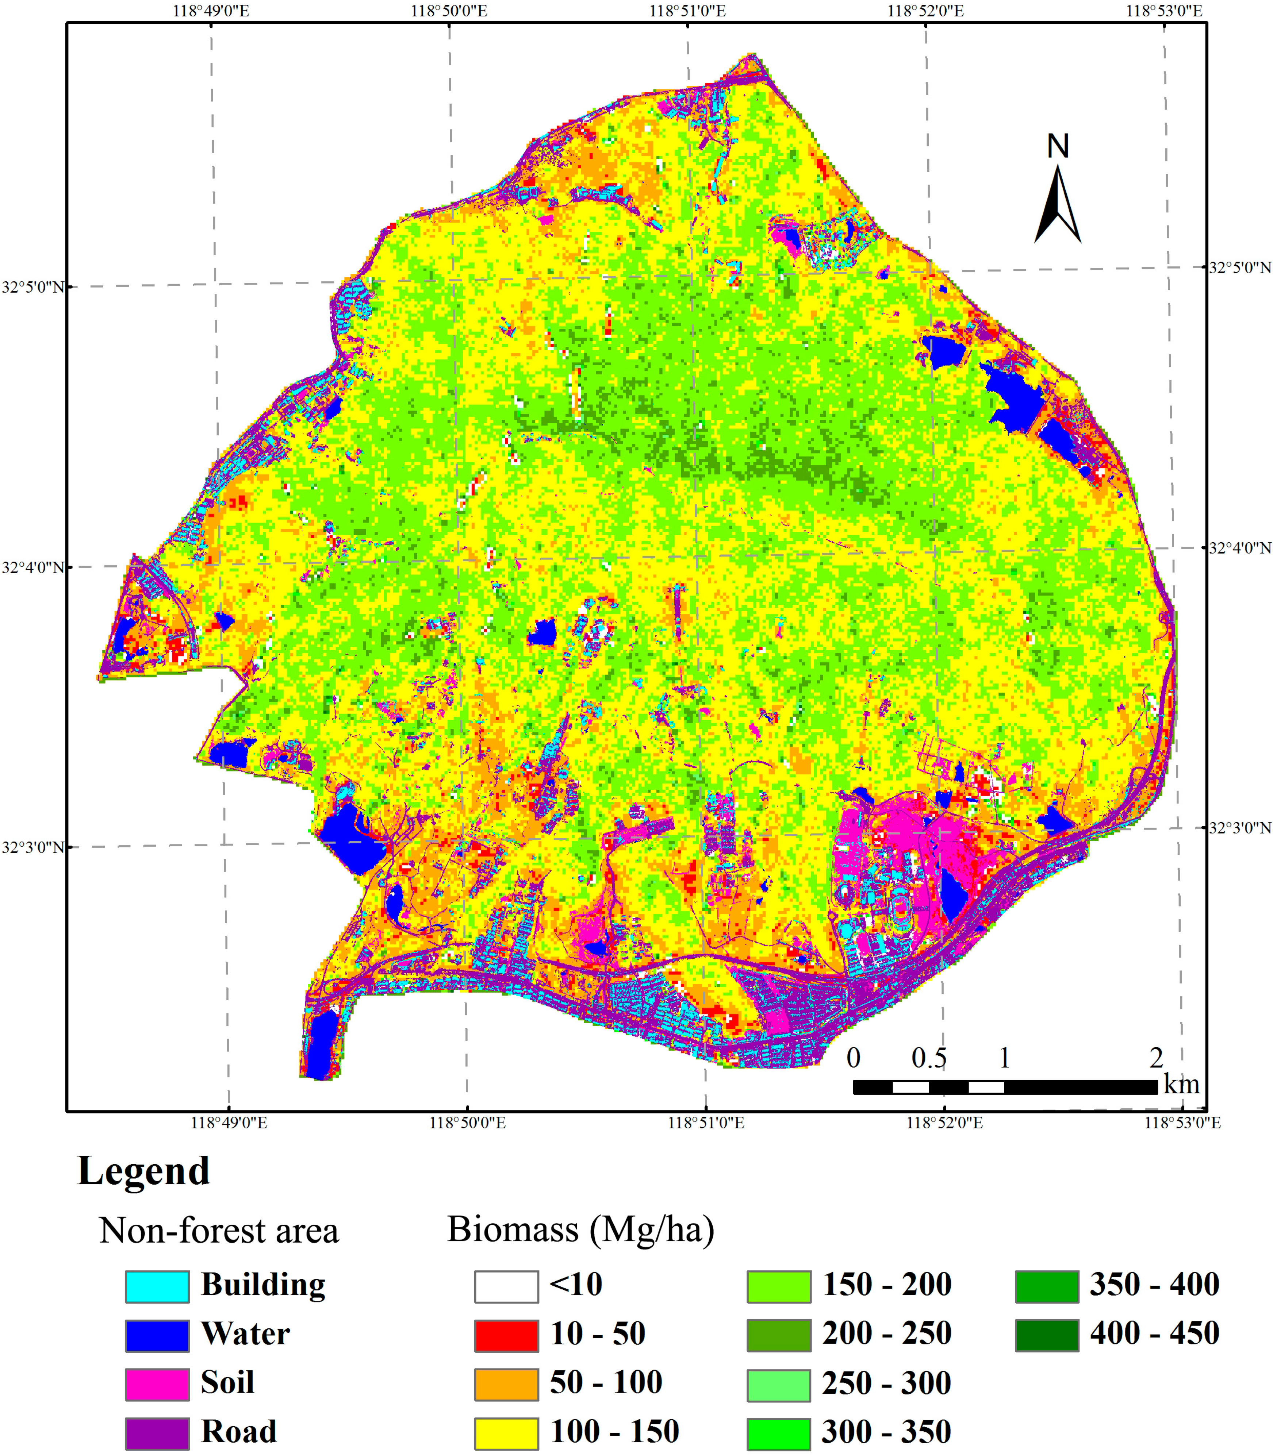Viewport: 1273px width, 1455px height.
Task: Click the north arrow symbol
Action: point(1058,206)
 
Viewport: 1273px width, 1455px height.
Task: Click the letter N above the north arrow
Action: point(1058,146)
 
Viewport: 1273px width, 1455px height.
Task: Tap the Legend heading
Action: point(143,1171)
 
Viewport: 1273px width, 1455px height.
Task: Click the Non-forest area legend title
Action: point(219,1231)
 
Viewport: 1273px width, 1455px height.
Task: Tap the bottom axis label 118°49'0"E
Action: point(229,1123)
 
